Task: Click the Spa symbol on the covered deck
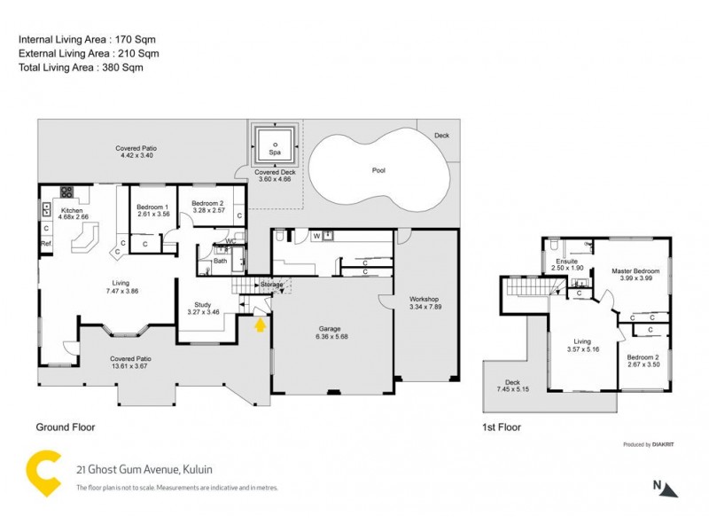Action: [275, 144]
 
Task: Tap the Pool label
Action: [378, 169]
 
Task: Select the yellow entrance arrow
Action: [260, 325]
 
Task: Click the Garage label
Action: [330, 328]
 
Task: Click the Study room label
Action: [201, 305]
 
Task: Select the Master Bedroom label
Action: [635, 270]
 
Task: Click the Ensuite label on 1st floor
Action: [566, 262]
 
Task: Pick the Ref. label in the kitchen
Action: [46, 243]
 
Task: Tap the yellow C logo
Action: [43, 473]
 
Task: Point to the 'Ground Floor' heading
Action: [65, 426]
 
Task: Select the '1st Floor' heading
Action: [503, 426]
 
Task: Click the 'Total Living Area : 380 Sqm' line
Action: [81, 66]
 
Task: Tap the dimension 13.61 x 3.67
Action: [131, 365]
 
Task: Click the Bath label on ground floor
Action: [220, 261]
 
